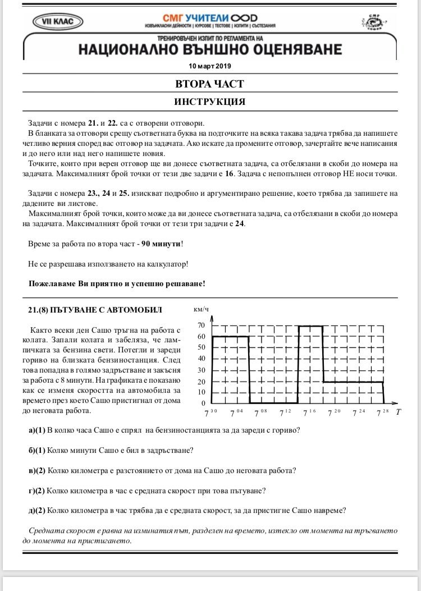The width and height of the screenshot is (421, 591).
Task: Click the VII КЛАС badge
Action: [58, 22]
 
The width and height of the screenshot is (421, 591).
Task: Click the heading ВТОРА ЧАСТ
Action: [210, 84]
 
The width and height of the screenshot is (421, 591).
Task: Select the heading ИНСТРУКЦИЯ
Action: [210, 102]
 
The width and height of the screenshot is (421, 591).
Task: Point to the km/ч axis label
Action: [201, 310]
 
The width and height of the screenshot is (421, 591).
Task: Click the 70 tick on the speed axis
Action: [201, 326]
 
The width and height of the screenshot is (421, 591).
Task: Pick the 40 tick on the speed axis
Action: [201, 359]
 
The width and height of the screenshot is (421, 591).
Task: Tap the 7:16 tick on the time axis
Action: [309, 412]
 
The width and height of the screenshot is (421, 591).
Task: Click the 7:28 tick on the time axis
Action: [383, 412]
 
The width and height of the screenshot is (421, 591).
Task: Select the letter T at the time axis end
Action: [398, 412]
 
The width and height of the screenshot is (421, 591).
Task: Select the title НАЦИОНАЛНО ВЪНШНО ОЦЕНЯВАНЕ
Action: [210, 49]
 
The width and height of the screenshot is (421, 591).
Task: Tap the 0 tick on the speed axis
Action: [203, 403]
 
